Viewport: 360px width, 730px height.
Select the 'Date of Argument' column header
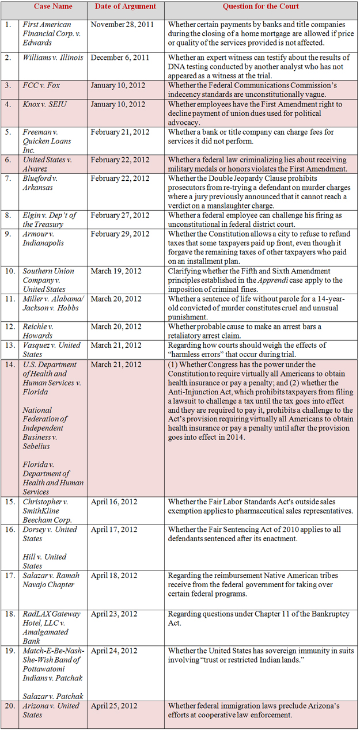(124, 7)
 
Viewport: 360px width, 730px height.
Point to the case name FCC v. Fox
(41, 85)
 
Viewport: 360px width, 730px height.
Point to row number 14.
(8, 364)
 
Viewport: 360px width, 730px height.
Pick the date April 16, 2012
(113, 501)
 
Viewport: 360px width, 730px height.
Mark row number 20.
(8, 705)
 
